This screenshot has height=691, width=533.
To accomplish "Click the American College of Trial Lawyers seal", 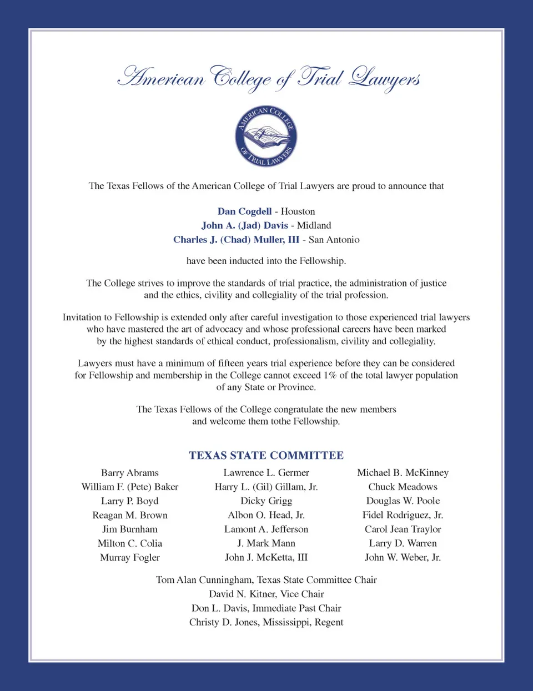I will (266, 137).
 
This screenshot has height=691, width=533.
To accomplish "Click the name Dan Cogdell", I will (244, 211).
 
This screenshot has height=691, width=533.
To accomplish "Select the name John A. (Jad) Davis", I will (244, 225).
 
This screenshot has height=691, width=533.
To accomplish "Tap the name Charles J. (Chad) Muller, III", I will (236, 240).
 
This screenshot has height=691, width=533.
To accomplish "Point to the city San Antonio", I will (334, 240).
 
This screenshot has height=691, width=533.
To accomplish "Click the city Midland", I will (314, 225).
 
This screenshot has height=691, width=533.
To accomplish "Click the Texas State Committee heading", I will (266, 456).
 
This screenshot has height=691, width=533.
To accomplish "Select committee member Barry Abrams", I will (130, 473).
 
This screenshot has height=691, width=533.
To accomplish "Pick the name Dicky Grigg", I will (266, 501).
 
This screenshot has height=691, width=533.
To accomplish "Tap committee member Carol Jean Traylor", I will (403, 529).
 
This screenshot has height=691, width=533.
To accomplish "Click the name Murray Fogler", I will (130, 558).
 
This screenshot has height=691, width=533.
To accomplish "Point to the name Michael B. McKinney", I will (403, 473).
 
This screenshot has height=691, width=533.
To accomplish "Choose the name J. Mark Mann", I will (266, 543).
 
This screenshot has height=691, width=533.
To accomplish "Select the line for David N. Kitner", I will (266, 594).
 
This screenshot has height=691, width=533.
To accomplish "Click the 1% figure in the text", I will (330, 375).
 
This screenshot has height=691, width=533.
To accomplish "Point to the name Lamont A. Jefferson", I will (266, 529).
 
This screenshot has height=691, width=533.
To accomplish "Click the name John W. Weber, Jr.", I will (403, 558).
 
